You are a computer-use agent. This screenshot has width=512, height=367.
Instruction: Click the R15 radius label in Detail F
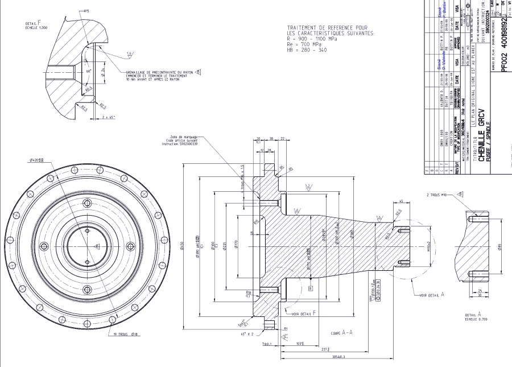(87, 11)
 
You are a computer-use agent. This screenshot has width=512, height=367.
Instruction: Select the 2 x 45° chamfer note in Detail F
(107, 117)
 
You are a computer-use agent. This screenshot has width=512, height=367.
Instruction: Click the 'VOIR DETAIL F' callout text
(303, 314)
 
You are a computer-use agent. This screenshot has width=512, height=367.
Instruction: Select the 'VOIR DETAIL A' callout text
(431, 295)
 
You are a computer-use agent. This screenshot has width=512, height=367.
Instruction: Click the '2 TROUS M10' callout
(439, 195)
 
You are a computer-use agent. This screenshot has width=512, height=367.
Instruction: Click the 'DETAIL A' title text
(473, 314)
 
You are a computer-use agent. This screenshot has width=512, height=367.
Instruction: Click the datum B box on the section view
(311, 288)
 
